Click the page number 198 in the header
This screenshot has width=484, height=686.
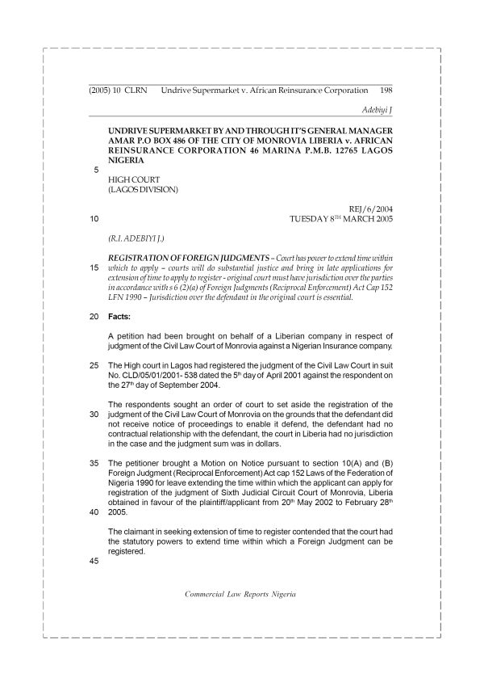click(385, 92)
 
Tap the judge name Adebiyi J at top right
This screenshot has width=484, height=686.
click(374, 108)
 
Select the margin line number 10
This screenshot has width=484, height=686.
click(95, 218)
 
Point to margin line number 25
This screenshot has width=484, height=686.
click(95, 365)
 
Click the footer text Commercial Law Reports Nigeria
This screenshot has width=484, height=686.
click(240, 593)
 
